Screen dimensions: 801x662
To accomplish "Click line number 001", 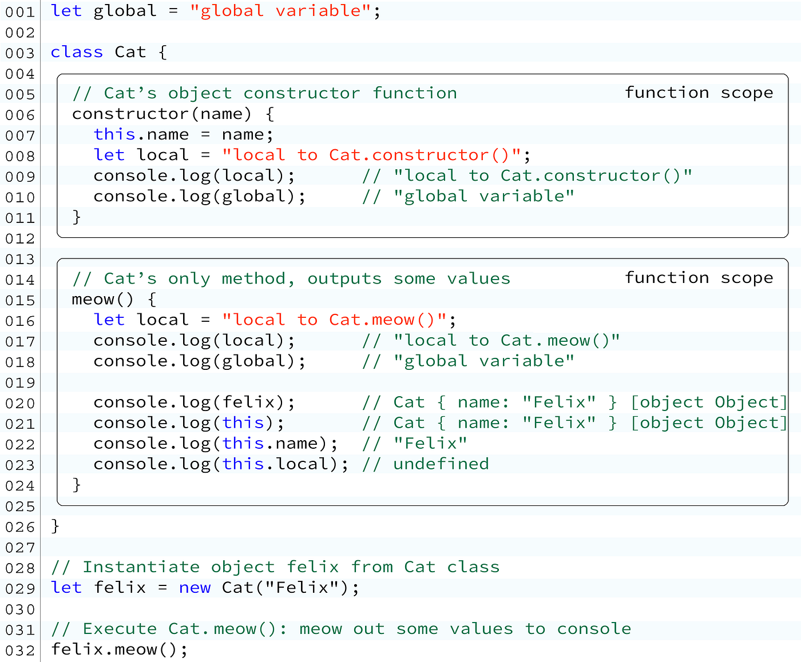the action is [20, 12].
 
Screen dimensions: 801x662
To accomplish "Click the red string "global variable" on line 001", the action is [281, 11].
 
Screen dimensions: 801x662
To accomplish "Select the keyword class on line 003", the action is [77, 52].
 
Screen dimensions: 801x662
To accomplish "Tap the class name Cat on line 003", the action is [130, 52].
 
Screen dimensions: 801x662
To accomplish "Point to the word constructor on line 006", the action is [131, 114].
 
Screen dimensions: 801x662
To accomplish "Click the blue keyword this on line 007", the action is [114, 134].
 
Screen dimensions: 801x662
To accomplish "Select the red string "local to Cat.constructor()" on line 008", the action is [372, 155].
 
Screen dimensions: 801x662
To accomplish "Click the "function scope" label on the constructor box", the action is [699, 93].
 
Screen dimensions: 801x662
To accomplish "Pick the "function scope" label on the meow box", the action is [699, 278].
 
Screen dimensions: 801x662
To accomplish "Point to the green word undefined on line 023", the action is [441, 464].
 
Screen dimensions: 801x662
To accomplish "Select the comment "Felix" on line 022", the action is [430, 443].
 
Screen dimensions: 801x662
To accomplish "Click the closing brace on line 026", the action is [55, 525].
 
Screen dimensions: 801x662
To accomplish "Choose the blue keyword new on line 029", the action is [195, 588].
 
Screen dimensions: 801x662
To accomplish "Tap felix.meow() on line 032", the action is [119, 649].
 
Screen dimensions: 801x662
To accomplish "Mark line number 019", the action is [20, 383].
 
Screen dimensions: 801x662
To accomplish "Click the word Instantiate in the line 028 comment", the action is [141, 567].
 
